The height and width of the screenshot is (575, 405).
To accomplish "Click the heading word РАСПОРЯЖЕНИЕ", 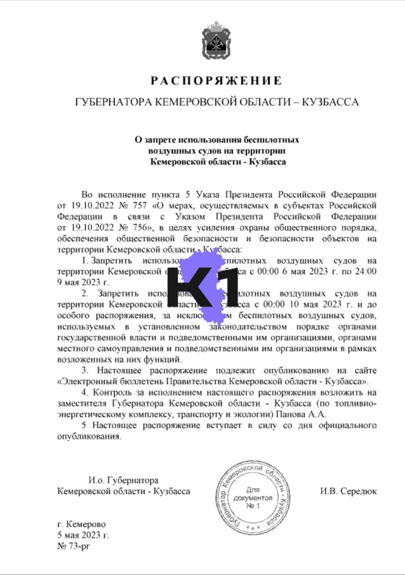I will point(216,81).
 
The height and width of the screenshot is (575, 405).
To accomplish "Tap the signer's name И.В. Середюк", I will point(348,491).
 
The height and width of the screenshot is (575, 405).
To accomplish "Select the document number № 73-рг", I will point(74,546).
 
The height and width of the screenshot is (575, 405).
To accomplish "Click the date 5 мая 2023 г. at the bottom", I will point(83,535).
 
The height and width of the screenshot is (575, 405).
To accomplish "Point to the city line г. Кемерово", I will point(82,524).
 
